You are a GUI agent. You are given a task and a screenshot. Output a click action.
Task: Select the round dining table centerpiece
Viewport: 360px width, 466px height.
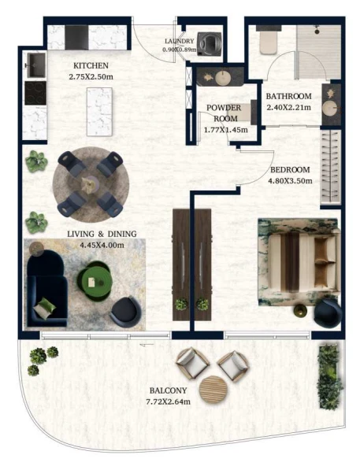pyautogui.click(x=90, y=184)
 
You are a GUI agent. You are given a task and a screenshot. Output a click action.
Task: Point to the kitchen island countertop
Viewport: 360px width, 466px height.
pyautogui.click(x=99, y=112)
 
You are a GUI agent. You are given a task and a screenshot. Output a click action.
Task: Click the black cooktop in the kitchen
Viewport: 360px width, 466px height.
pyautogui.click(x=35, y=93)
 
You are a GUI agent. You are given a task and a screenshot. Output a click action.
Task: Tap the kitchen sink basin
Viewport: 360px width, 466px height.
pyautogui.click(x=36, y=65)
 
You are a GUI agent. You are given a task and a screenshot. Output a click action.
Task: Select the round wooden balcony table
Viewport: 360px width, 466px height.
pyautogui.click(x=213, y=390)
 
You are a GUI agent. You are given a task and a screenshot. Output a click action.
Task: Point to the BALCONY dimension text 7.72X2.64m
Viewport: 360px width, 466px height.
pyautogui.click(x=169, y=401)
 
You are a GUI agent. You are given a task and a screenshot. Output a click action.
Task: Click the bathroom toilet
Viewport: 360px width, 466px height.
pyautogui.click(x=269, y=43)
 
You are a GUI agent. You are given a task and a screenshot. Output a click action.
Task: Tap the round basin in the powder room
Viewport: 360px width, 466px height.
pyautogui.click(x=223, y=78)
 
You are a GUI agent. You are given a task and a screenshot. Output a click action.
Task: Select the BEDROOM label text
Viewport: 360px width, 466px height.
pyautogui.click(x=290, y=170)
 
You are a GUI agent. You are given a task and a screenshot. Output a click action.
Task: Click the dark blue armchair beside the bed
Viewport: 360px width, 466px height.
pyautogui.click(x=328, y=313)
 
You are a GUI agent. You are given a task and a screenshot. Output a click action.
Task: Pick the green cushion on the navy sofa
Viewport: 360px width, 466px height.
pyautogui.click(x=45, y=308)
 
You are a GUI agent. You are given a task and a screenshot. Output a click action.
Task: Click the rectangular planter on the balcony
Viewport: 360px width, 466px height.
pyautogui.click(x=329, y=377)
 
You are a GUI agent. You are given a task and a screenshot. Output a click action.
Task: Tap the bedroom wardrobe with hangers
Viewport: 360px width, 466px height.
pyautogui.click(x=331, y=167)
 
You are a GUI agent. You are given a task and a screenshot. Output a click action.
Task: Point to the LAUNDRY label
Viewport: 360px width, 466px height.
pyautogui.click(x=179, y=41)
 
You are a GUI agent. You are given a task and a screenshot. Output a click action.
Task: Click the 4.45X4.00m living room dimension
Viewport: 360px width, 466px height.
pyautogui.click(x=102, y=245)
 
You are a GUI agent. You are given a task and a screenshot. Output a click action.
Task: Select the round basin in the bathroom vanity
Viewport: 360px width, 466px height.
pyautogui.click(x=331, y=108)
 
